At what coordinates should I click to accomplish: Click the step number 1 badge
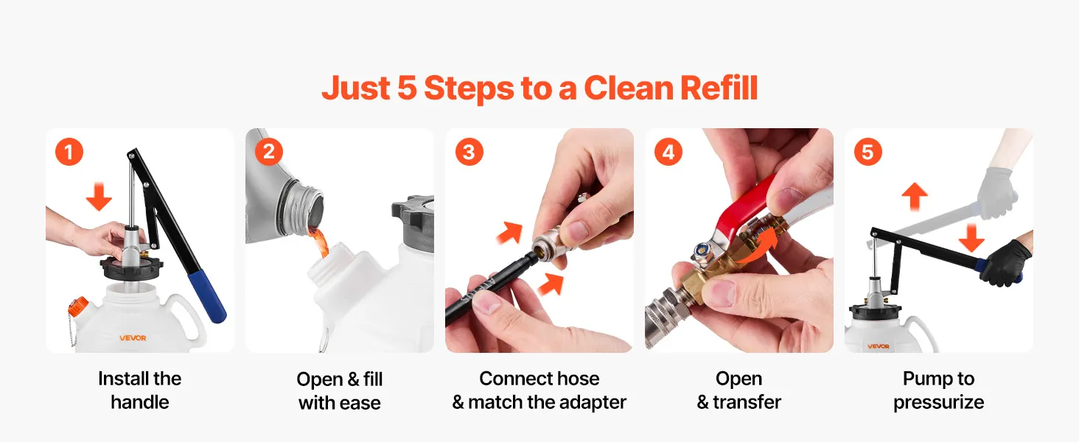click(69, 152)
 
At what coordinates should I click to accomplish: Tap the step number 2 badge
click(269, 152)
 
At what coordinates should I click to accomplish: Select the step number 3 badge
click(469, 152)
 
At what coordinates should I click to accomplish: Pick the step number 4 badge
click(668, 152)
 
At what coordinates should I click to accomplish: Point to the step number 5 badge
click(867, 152)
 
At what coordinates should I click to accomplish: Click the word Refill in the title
click(719, 88)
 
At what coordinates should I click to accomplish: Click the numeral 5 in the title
click(407, 88)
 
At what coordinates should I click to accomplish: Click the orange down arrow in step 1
click(99, 197)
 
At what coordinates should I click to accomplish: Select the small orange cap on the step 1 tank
click(78, 306)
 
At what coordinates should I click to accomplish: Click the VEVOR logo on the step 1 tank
click(133, 338)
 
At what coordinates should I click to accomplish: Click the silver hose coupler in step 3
click(551, 245)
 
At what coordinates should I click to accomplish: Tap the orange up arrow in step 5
click(914, 197)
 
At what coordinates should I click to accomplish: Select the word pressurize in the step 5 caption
click(938, 402)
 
